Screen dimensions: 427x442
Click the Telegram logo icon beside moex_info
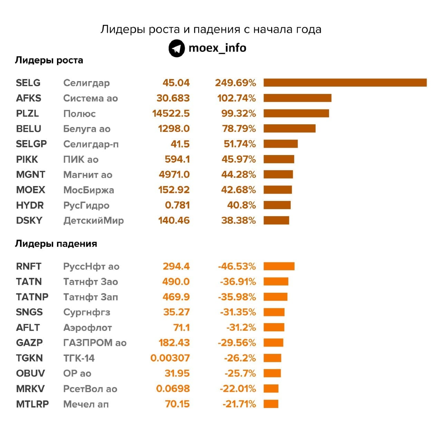tap(176, 48)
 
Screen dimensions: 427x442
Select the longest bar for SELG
tap(345, 83)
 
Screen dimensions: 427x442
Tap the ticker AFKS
tap(29, 98)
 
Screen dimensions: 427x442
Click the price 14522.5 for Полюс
tap(171, 114)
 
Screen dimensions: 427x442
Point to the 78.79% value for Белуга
tap(239, 129)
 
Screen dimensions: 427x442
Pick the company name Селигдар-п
tap(91, 144)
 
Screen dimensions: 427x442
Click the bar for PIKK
tap(279, 159)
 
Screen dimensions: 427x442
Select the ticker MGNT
tap(30, 175)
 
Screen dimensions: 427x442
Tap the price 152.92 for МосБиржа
tap(174, 190)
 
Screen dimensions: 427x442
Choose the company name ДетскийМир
tap(93, 220)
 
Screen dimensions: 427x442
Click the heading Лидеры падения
tap(56, 244)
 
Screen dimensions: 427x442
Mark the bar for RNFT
tap(279, 266)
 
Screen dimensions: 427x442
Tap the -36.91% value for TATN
tap(238, 282)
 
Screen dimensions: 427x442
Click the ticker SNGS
tap(29, 312)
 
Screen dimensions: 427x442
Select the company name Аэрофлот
tap(87, 327)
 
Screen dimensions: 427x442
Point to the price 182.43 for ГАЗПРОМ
tap(174, 343)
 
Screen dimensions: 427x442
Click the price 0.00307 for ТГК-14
tap(170, 358)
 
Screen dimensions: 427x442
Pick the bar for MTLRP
tap(271, 404)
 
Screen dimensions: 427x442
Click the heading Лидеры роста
tap(49, 60)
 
